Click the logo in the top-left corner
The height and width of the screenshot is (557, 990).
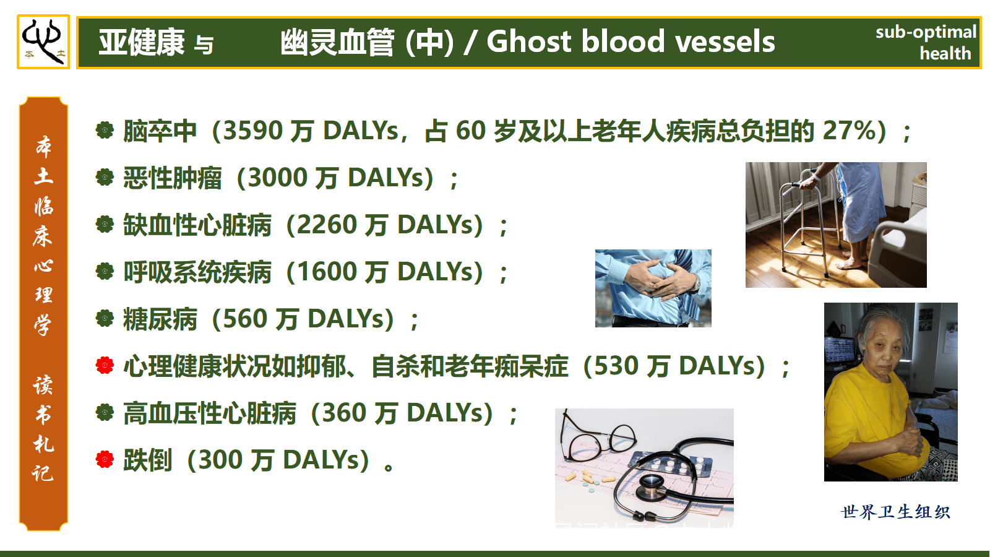(43, 41)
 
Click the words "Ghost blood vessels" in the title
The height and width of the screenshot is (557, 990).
(631, 41)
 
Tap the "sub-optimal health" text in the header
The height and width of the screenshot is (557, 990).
(926, 43)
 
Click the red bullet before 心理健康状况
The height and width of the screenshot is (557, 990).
(105, 366)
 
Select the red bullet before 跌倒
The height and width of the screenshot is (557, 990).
(105, 459)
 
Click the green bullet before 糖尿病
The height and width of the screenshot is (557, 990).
(105, 318)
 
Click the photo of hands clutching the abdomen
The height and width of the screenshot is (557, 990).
(653, 288)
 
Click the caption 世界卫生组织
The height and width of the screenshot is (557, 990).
(895, 512)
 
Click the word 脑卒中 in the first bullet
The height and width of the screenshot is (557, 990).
(160, 131)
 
